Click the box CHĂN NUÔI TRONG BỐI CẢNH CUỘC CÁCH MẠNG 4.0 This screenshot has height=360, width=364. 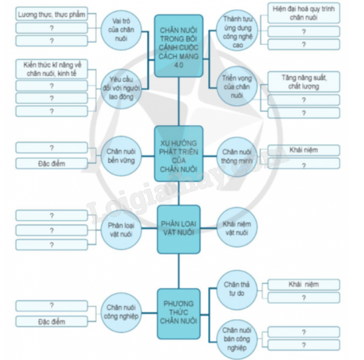pyautogui.click(x=178, y=45)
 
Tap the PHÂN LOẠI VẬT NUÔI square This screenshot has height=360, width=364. pyautogui.click(x=178, y=229)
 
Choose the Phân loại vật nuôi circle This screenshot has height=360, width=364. pyautogui.click(x=120, y=229)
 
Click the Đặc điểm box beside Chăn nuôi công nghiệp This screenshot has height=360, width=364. pyautogui.click(x=52, y=322)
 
